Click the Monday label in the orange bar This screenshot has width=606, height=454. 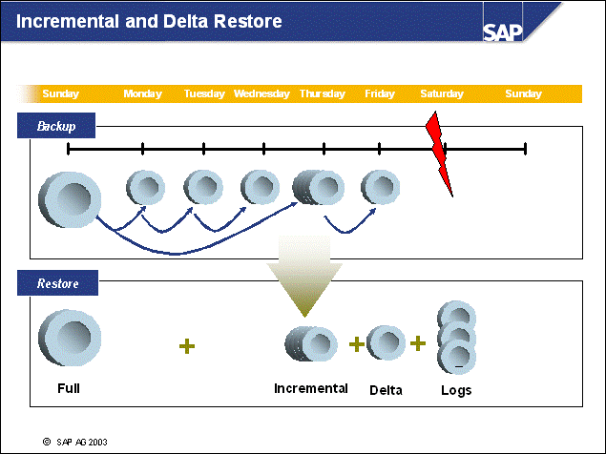[x=143, y=93]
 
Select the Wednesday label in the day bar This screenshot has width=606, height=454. [x=261, y=93]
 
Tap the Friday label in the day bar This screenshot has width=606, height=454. [x=380, y=93]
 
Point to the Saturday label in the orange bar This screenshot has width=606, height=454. [x=442, y=93]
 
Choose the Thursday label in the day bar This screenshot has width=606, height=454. [x=323, y=93]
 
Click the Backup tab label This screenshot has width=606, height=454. [x=56, y=125]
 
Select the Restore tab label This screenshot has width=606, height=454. [x=57, y=283]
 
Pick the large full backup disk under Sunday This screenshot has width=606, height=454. [x=69, y=199]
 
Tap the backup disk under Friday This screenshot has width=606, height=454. [x=381, y=188]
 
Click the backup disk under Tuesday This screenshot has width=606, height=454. [x=203, y=187]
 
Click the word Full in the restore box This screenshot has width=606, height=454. [x=69, y=388]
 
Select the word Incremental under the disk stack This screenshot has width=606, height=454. [x=311, y=388]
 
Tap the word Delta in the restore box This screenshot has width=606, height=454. [x=387, y=390]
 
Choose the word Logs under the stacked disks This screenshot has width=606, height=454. [x=456, y=390]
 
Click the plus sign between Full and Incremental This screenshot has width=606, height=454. [x=187, y=345]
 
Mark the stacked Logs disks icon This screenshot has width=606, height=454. [x=456, y=338]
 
